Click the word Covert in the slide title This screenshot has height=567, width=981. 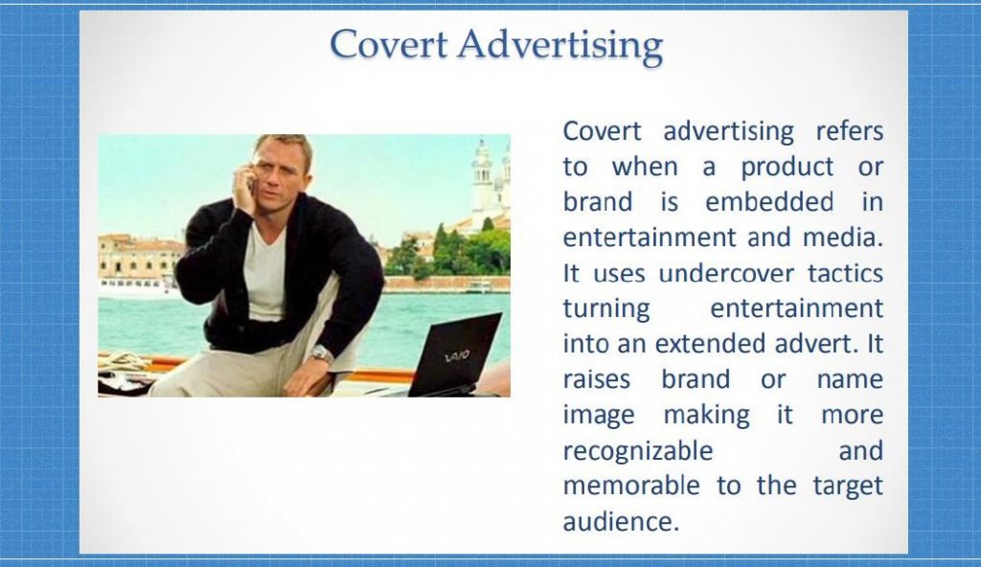tap(389, 44)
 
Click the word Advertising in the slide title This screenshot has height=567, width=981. tap(559, 46)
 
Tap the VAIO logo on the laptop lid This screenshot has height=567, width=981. tap(457, 356)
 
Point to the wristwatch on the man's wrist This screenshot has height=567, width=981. tap(321, 354)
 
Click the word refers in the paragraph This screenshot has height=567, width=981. tap(849, 131)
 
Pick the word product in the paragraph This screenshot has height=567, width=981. tap(787, 168)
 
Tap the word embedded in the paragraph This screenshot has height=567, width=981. tap(769, 202)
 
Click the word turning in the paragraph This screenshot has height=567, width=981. tap(606, 309)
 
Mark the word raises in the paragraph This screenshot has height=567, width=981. tap(596, 380)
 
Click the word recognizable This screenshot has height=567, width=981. tap(637, 451)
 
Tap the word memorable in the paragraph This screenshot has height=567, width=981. tap(631, 486)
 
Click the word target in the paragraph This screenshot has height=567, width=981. tap(848, 487)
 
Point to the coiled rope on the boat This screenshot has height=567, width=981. tap(125, 361)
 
